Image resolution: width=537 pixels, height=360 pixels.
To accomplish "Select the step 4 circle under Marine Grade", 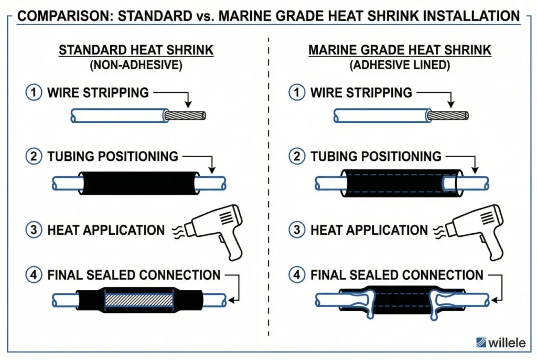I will [296, 275].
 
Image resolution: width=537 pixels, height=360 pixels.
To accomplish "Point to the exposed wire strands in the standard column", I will [186, 116].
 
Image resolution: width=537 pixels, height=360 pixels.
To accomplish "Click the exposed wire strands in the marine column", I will [448, 116].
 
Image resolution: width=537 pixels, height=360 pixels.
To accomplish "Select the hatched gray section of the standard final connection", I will [139, 300].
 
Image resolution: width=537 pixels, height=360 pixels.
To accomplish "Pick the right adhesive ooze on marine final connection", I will [437, 303].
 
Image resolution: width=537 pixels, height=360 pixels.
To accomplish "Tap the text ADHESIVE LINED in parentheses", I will [400, 66].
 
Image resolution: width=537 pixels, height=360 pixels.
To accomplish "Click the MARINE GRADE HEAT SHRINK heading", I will [400, 51].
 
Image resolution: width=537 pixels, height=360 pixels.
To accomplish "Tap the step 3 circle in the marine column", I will [296, 230].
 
